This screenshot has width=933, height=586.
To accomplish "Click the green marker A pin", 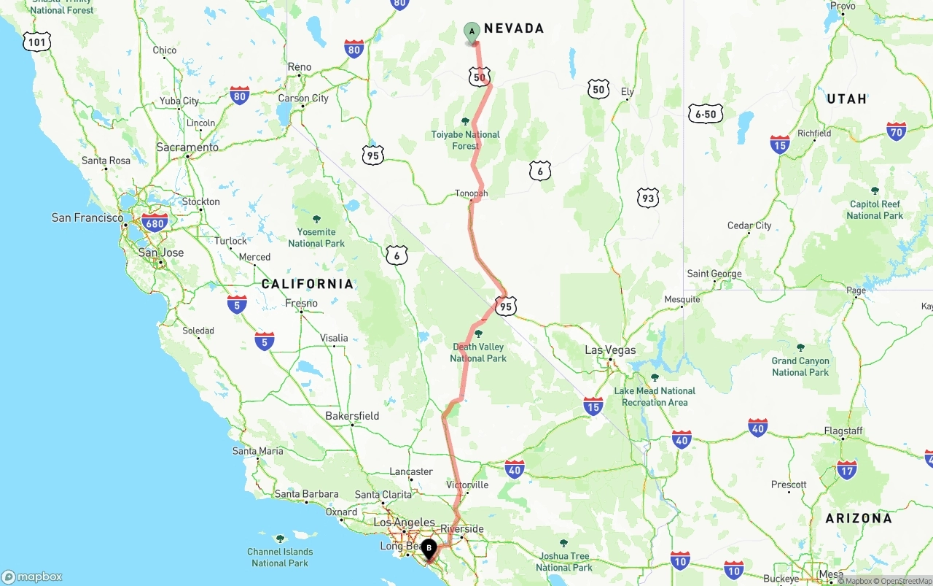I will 472,32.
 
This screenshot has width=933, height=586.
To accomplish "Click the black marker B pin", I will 429,548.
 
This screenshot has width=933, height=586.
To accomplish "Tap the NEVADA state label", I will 514,28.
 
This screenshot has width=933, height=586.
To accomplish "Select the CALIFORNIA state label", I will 308,284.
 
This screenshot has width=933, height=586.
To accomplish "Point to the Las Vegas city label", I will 610,350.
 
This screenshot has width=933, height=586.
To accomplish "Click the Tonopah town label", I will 471,193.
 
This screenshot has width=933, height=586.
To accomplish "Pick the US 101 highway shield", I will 36,42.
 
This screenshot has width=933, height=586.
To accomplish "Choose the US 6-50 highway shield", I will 706,114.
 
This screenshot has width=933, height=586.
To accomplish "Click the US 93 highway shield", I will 647,197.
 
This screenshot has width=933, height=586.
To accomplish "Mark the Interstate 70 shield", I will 897,131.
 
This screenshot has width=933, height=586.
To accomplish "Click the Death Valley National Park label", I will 478,352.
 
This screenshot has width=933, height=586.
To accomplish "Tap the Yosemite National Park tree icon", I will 316,219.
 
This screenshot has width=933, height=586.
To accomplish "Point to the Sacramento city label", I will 187,147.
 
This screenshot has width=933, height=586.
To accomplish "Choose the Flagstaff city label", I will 843,431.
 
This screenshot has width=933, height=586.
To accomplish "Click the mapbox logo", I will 32,577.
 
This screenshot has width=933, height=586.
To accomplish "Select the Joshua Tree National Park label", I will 563,562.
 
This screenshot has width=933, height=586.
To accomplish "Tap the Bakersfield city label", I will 352,416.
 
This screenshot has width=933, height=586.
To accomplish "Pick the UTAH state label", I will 846,99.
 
